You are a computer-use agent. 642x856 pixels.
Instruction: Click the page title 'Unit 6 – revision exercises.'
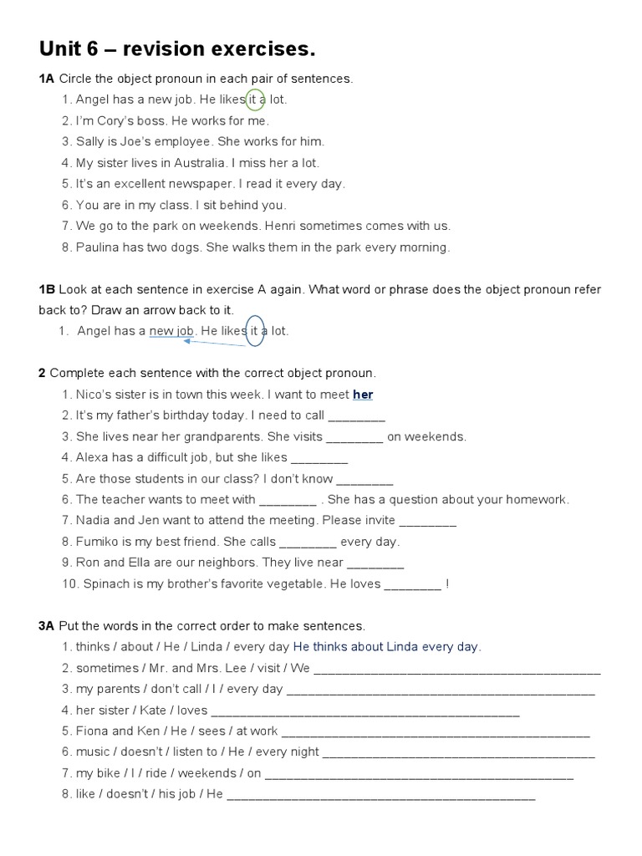click(177, 49)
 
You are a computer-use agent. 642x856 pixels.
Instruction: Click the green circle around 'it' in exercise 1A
click(256, 99)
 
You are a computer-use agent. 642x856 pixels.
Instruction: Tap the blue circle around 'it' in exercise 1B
click(256, 330)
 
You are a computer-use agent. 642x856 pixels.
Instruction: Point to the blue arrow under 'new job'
click(215, 343)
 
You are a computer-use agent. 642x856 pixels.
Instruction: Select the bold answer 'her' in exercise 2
click(363, 394)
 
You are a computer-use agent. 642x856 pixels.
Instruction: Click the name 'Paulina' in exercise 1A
click(98, 247)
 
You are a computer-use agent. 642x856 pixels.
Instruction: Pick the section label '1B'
click(47, 289)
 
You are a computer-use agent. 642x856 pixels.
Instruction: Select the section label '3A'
click(47, 626)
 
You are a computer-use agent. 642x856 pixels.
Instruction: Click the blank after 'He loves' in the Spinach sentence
click(412, 584)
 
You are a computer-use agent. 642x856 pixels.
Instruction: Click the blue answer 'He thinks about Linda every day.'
click(387, 647)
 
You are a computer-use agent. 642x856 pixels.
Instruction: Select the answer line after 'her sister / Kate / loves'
click(365, 711)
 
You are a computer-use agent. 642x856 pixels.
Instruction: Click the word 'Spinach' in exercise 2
click(106, 584)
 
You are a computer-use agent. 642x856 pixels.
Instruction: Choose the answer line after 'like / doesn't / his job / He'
click(380, 795)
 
